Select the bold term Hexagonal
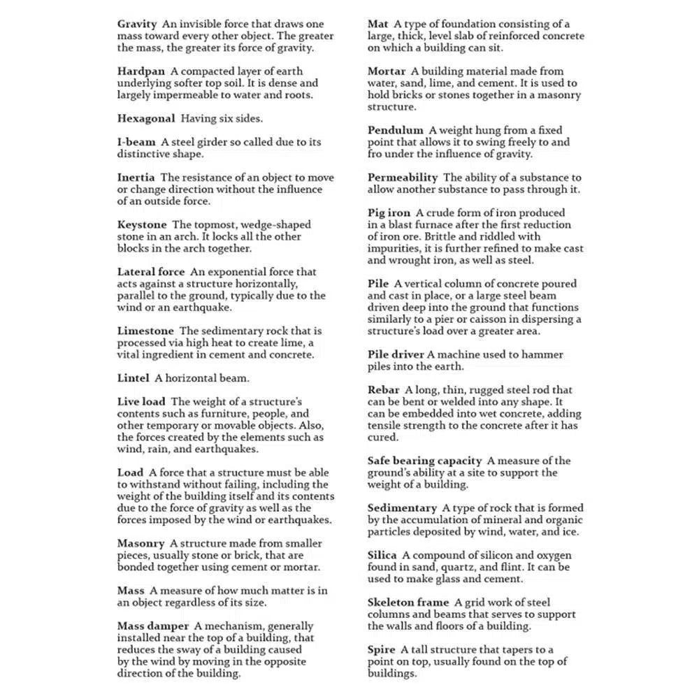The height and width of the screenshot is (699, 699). coord(146,118)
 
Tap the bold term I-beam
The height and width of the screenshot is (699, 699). coord(136,142)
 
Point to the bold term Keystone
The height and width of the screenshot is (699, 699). coord(142,224)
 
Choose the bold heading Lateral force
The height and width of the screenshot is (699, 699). coord(151,272)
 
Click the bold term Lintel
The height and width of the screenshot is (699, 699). coord(134,378)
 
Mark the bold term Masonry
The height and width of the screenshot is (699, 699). coord(140,543)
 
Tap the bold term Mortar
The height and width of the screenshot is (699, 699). coord(387,71)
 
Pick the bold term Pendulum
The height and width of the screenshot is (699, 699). coord(396,130)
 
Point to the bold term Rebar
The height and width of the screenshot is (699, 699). coord(384,389)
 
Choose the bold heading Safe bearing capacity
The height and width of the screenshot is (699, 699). coord(425,461)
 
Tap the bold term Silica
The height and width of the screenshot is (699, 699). coord(382,555)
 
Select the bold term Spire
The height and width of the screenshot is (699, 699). coord(382,649)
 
